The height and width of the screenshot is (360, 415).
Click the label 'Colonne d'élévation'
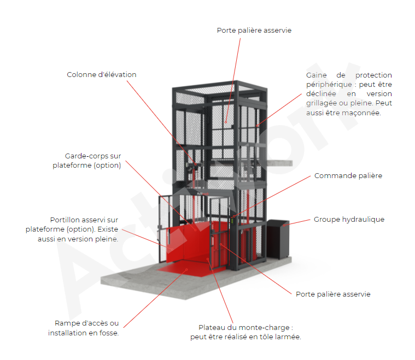(102, 74)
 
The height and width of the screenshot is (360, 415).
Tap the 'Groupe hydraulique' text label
(349, 219)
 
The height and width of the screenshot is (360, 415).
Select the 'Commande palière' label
(348, 176)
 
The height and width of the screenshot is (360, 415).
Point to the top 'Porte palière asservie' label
(254, 31)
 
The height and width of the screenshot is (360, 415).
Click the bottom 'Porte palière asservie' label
(333, 294)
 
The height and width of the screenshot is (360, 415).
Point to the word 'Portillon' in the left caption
(65, 220)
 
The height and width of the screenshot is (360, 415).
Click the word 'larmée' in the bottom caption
(289, 337)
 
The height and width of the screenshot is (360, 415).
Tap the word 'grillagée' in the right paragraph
(325, 103)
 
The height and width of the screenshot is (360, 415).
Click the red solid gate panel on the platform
(192, 240)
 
